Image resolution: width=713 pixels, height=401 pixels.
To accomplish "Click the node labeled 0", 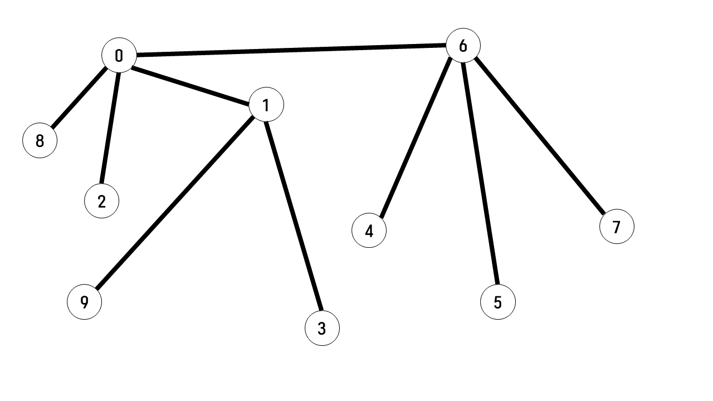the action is pos(119,56).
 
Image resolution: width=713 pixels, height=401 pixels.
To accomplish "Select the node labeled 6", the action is pos(463,46).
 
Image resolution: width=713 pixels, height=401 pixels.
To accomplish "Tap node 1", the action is pos(266,105).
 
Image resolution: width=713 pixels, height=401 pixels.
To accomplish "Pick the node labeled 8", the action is pos(40,141).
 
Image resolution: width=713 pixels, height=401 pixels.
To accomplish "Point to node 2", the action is pos(101,201).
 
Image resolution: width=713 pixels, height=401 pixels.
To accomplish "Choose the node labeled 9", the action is pos(84,302).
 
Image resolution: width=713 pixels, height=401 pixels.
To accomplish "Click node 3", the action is pos(322,329).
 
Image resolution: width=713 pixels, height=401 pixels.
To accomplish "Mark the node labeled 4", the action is pos(369,231).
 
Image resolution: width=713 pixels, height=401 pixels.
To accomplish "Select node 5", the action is pos(497,302).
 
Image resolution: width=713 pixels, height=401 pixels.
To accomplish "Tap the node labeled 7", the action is pos(617,227).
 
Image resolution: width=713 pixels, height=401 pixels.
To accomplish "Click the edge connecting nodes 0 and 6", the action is pos(291,51).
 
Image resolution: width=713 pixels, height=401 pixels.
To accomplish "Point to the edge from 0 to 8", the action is pos(79,98).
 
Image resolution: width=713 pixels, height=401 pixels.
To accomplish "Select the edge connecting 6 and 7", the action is pos(539,136).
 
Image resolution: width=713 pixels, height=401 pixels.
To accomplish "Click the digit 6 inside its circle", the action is pos(463,46).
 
